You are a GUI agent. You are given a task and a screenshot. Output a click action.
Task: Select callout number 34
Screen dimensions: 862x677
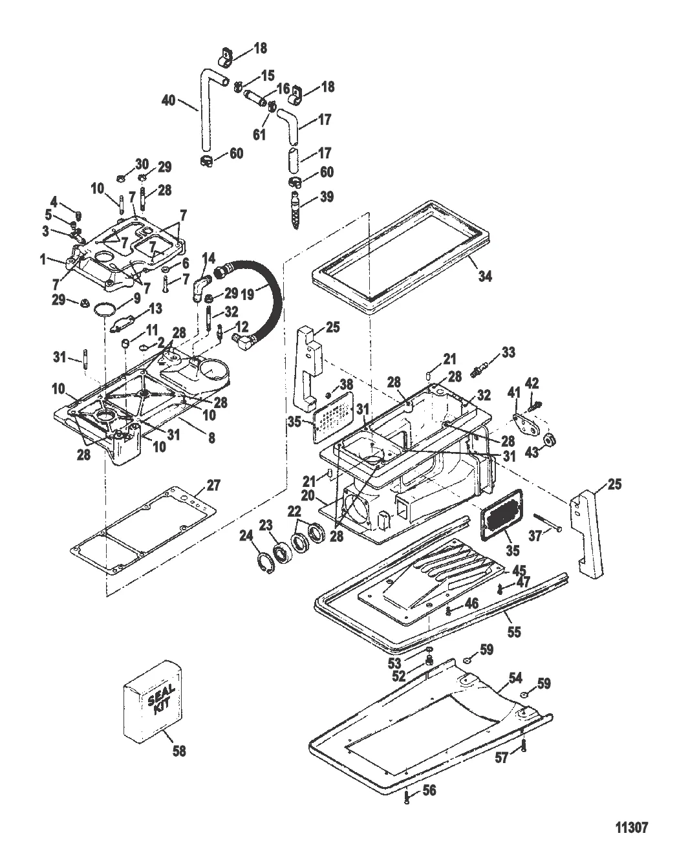pyautogui.click(x=485, y=276)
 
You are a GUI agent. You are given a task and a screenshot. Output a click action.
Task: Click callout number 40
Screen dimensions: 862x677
pyautogui.click(x=169, y=100)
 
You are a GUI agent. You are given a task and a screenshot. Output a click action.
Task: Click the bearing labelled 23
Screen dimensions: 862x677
pyautogui.click(x=281, y=550)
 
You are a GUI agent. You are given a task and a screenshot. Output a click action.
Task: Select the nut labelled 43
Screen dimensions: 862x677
pyautogui.click(x=548, y=440)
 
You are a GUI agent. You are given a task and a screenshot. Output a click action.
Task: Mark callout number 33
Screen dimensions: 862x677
pyautogui.click(x=508, y=352)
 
